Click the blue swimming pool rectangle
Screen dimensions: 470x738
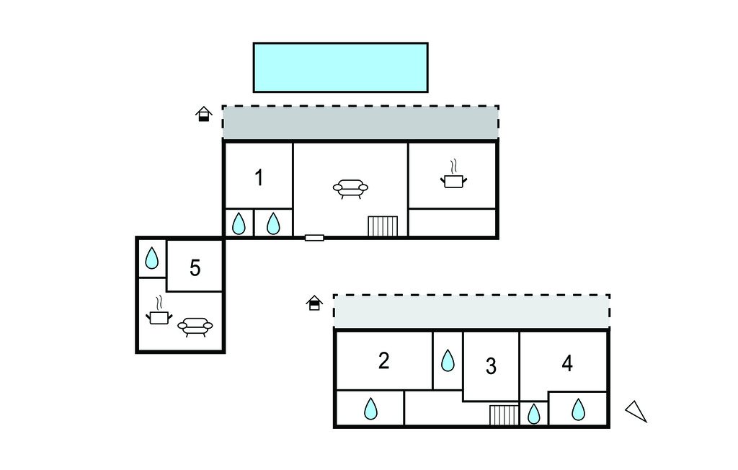(x=340, y=67)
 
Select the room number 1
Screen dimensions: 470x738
(x=259, y=177)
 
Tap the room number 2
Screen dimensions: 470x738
(x=383, y=360)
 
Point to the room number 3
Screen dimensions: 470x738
(x=491, y=366)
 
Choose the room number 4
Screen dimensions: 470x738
(x=567, y=363)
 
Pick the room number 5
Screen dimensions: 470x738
(x=195, y=268)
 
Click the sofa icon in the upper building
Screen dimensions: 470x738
(x=350, y=189)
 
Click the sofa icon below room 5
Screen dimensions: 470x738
(x=195, y=327)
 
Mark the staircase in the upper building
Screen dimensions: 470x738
(x=383, y=226)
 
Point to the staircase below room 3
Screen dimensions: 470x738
(x=504, y=415)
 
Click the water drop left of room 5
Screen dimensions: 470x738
(x=152, y=258)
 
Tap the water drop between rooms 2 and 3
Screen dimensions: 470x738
(x=448, y=360)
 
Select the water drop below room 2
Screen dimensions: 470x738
(x=370, y=409)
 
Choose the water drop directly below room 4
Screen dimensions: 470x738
(x=578, y=409)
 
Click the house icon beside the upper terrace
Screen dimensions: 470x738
(x=205, y=114)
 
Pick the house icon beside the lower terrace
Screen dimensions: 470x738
(x=314, y=303)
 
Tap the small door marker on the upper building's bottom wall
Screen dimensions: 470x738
(x=314, y=237)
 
